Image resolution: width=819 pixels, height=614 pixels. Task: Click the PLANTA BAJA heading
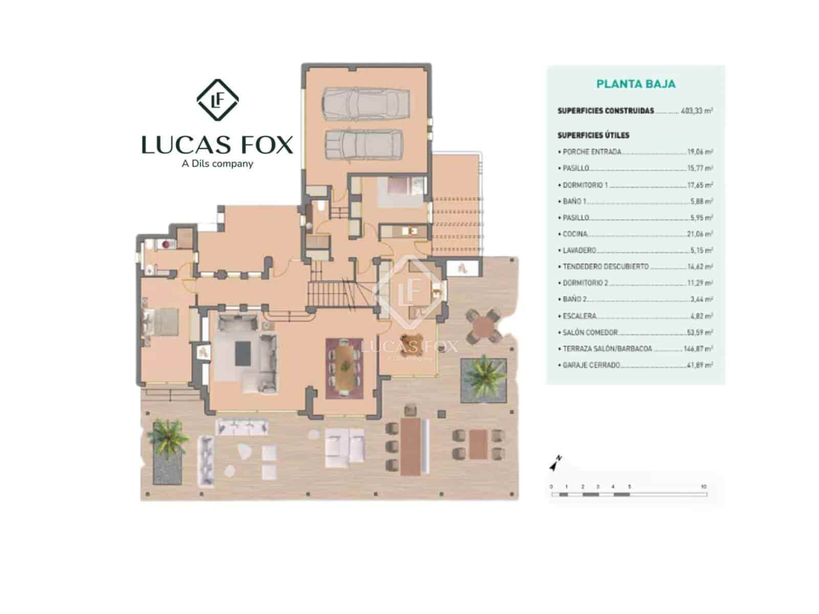[x=636, y=84]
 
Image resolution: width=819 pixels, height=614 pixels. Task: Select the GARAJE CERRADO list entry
[x=591, y=365]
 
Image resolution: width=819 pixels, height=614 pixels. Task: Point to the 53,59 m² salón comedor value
[x=700, y=333]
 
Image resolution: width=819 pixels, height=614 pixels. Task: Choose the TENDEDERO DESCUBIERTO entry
[x=606, y=267]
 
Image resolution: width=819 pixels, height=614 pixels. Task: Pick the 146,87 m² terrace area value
[x=698, y=349]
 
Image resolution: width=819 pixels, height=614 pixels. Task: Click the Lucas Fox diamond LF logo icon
[x=218, y=100]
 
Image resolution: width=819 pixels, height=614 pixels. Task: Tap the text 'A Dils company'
[x=218, y=164]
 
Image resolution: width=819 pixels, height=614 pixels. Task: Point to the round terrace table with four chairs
[x=484, y=325]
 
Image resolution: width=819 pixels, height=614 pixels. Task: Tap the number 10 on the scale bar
[x=704, y=487]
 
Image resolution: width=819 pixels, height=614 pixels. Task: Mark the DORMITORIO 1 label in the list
[x=585, y=185]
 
